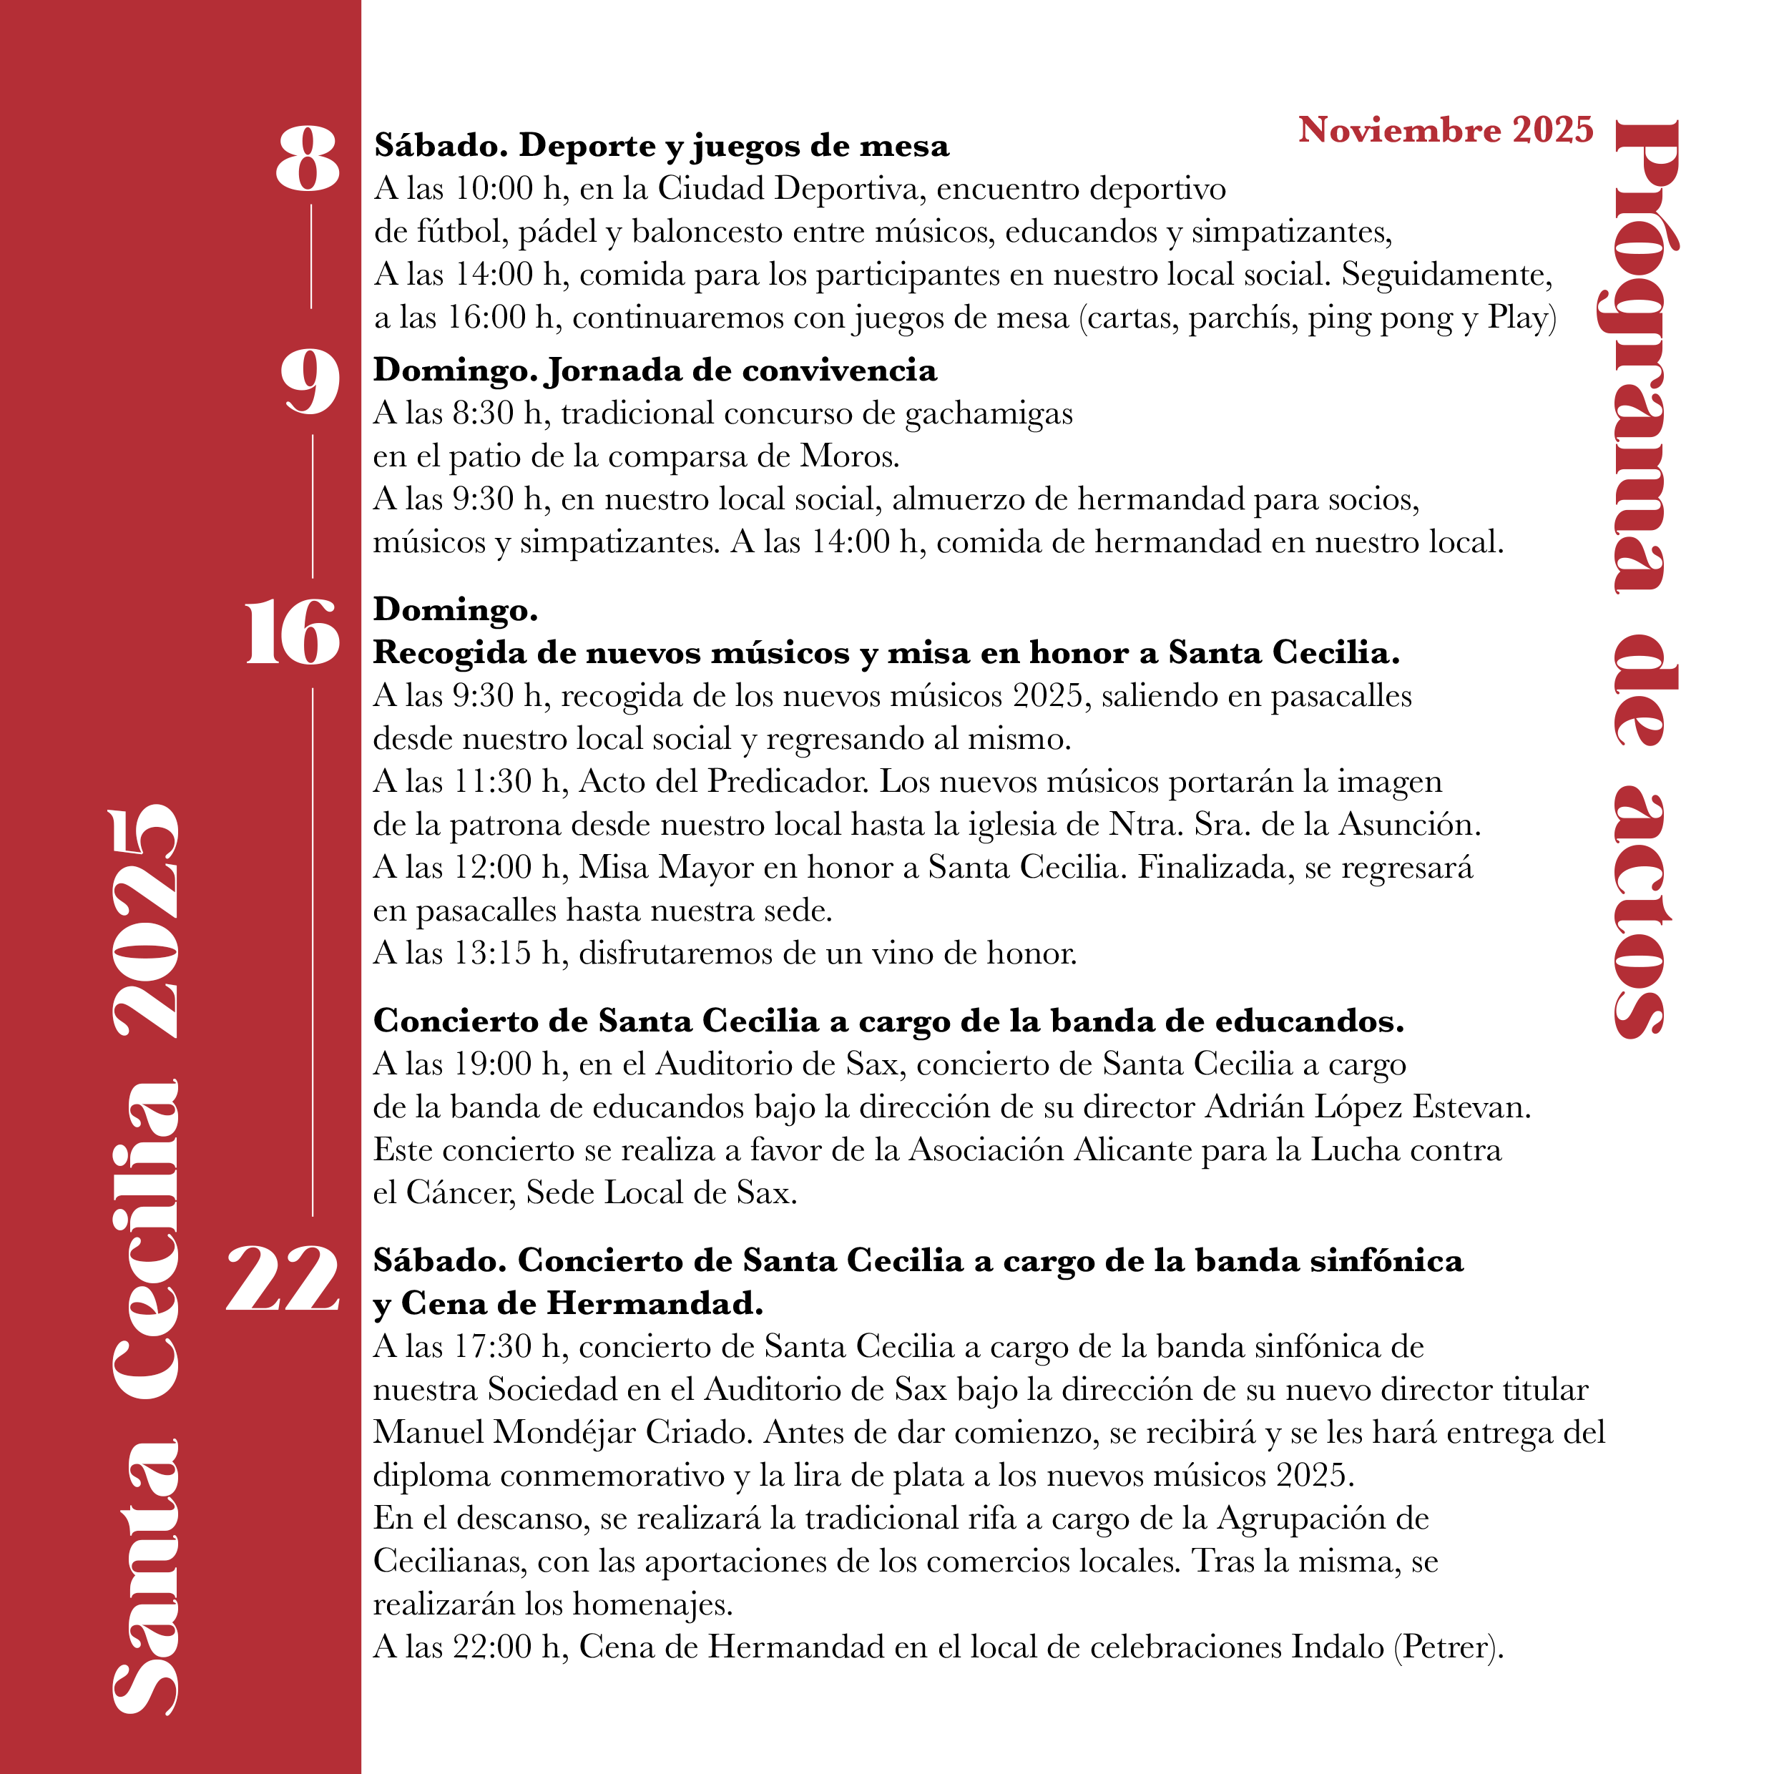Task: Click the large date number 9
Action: [310, 383]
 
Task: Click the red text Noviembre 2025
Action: [1445, 129]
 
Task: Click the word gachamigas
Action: [988, 415]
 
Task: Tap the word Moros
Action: [848, 456]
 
